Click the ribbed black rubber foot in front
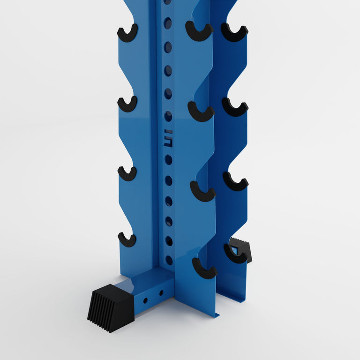[111, 307]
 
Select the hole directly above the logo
[168, 116]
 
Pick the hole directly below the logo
[168, 160]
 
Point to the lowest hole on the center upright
[169, 260]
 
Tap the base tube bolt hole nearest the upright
[161, 293]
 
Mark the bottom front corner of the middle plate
[217, 316]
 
